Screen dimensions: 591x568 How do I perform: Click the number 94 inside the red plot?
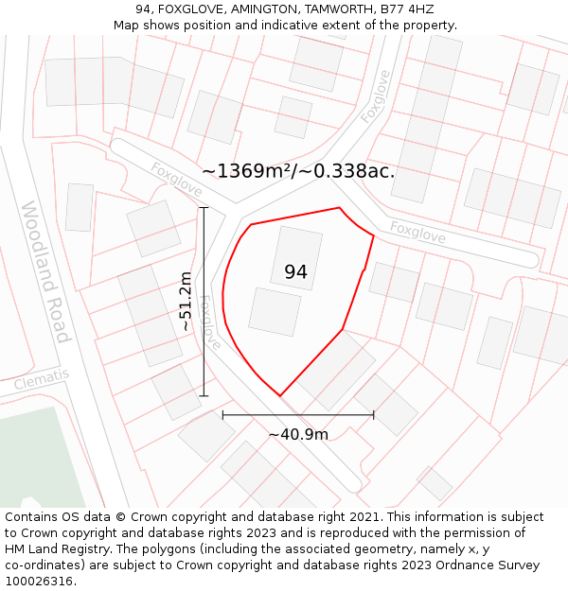tap(295, 272)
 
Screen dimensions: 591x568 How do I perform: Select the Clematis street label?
tap(42, 381)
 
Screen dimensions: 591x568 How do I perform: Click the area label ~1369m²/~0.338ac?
tap(298, 171)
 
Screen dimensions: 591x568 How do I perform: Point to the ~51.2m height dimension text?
tap(186, 301)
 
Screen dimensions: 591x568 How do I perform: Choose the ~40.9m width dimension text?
tap(298, 435)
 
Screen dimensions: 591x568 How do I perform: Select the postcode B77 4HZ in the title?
tap(407, 9)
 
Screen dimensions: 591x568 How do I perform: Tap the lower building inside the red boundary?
tap(275, 312)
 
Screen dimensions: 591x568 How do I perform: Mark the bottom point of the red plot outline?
tap(280, 395)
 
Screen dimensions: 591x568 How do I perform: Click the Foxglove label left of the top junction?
tap(177, 180)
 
